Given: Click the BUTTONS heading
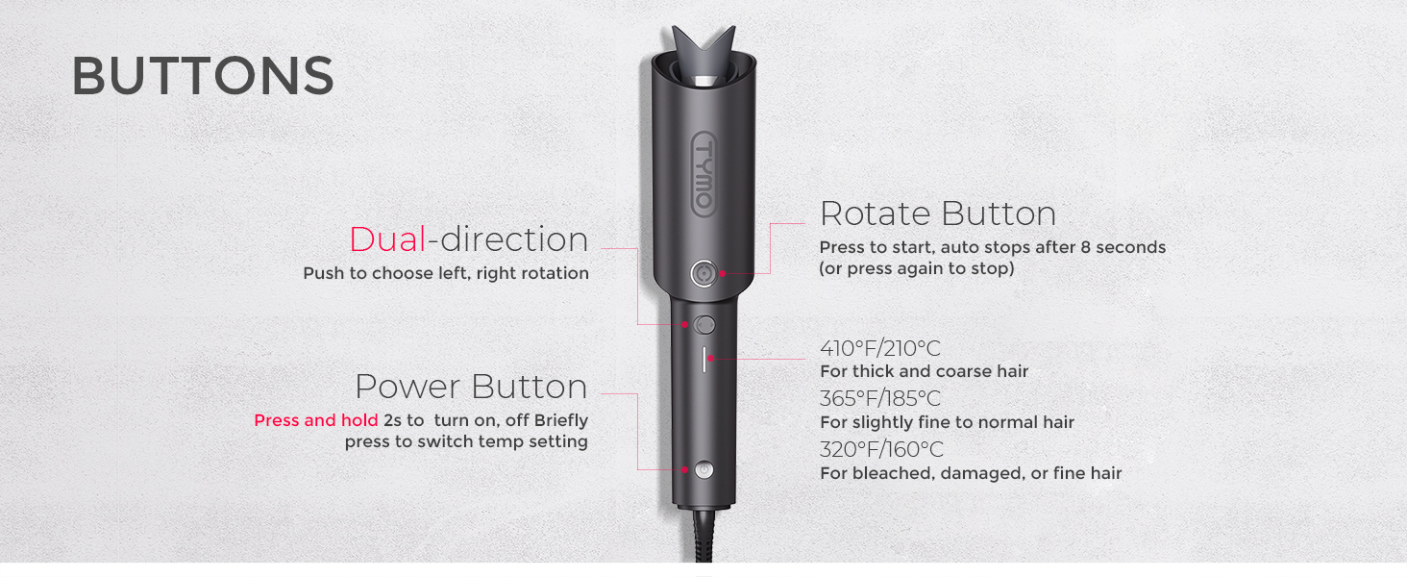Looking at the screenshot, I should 203,76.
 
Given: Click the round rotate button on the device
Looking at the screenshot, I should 704,274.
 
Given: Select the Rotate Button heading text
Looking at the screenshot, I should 937,213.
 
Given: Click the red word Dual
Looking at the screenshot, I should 387,239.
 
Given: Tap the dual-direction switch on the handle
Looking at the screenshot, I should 704,325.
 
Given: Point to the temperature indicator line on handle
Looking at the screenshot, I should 704,359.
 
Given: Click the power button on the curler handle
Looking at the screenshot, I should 703,469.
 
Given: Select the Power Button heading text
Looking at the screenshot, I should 471,387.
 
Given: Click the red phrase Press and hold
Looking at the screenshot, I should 315,420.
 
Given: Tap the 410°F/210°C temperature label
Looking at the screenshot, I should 879,348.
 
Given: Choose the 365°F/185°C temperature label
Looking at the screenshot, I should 879,399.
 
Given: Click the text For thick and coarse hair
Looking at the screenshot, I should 924,371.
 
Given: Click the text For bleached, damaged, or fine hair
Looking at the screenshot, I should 970,473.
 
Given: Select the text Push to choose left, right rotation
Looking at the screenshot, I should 446,273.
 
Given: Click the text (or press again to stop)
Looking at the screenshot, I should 916,268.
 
